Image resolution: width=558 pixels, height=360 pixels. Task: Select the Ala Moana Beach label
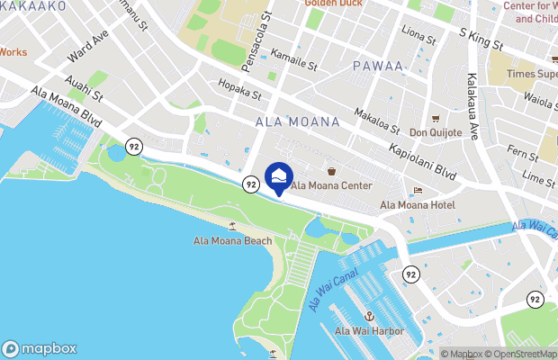coord(232,240)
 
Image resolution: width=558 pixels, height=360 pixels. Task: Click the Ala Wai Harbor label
coord(369,331)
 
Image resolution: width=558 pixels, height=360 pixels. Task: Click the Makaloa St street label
coord(376,117)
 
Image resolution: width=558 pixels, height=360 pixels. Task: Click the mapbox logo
coord(40,348)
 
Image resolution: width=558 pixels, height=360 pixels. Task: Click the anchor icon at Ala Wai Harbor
coord(369,316)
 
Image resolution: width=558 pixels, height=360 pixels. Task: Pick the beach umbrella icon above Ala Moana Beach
coord(232,225)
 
